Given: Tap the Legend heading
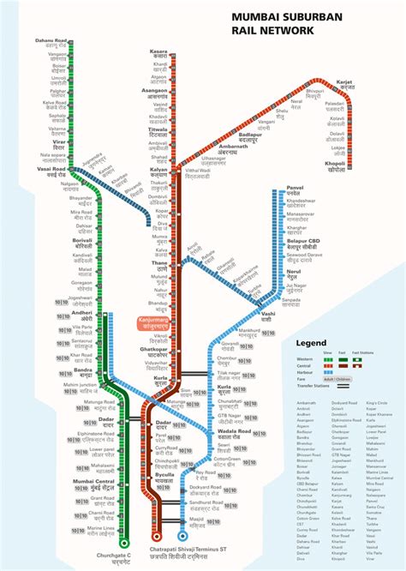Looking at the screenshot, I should pos(313,343).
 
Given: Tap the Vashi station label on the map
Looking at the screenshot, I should pos(267,316).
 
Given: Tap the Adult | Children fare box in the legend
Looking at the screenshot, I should pos(339,378).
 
